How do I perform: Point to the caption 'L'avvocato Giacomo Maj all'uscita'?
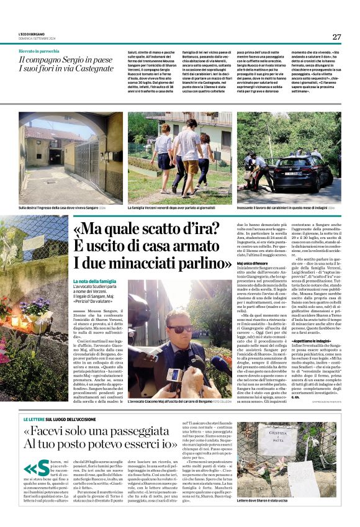tap(174, 403)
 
